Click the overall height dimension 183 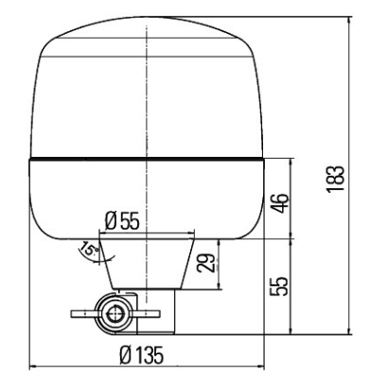335,179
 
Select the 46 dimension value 280,203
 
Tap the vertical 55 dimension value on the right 279,286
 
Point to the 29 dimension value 206,263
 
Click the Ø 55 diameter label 122,221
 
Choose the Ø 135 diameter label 142,355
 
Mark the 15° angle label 89,248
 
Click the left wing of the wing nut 84,314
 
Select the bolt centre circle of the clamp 115,314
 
